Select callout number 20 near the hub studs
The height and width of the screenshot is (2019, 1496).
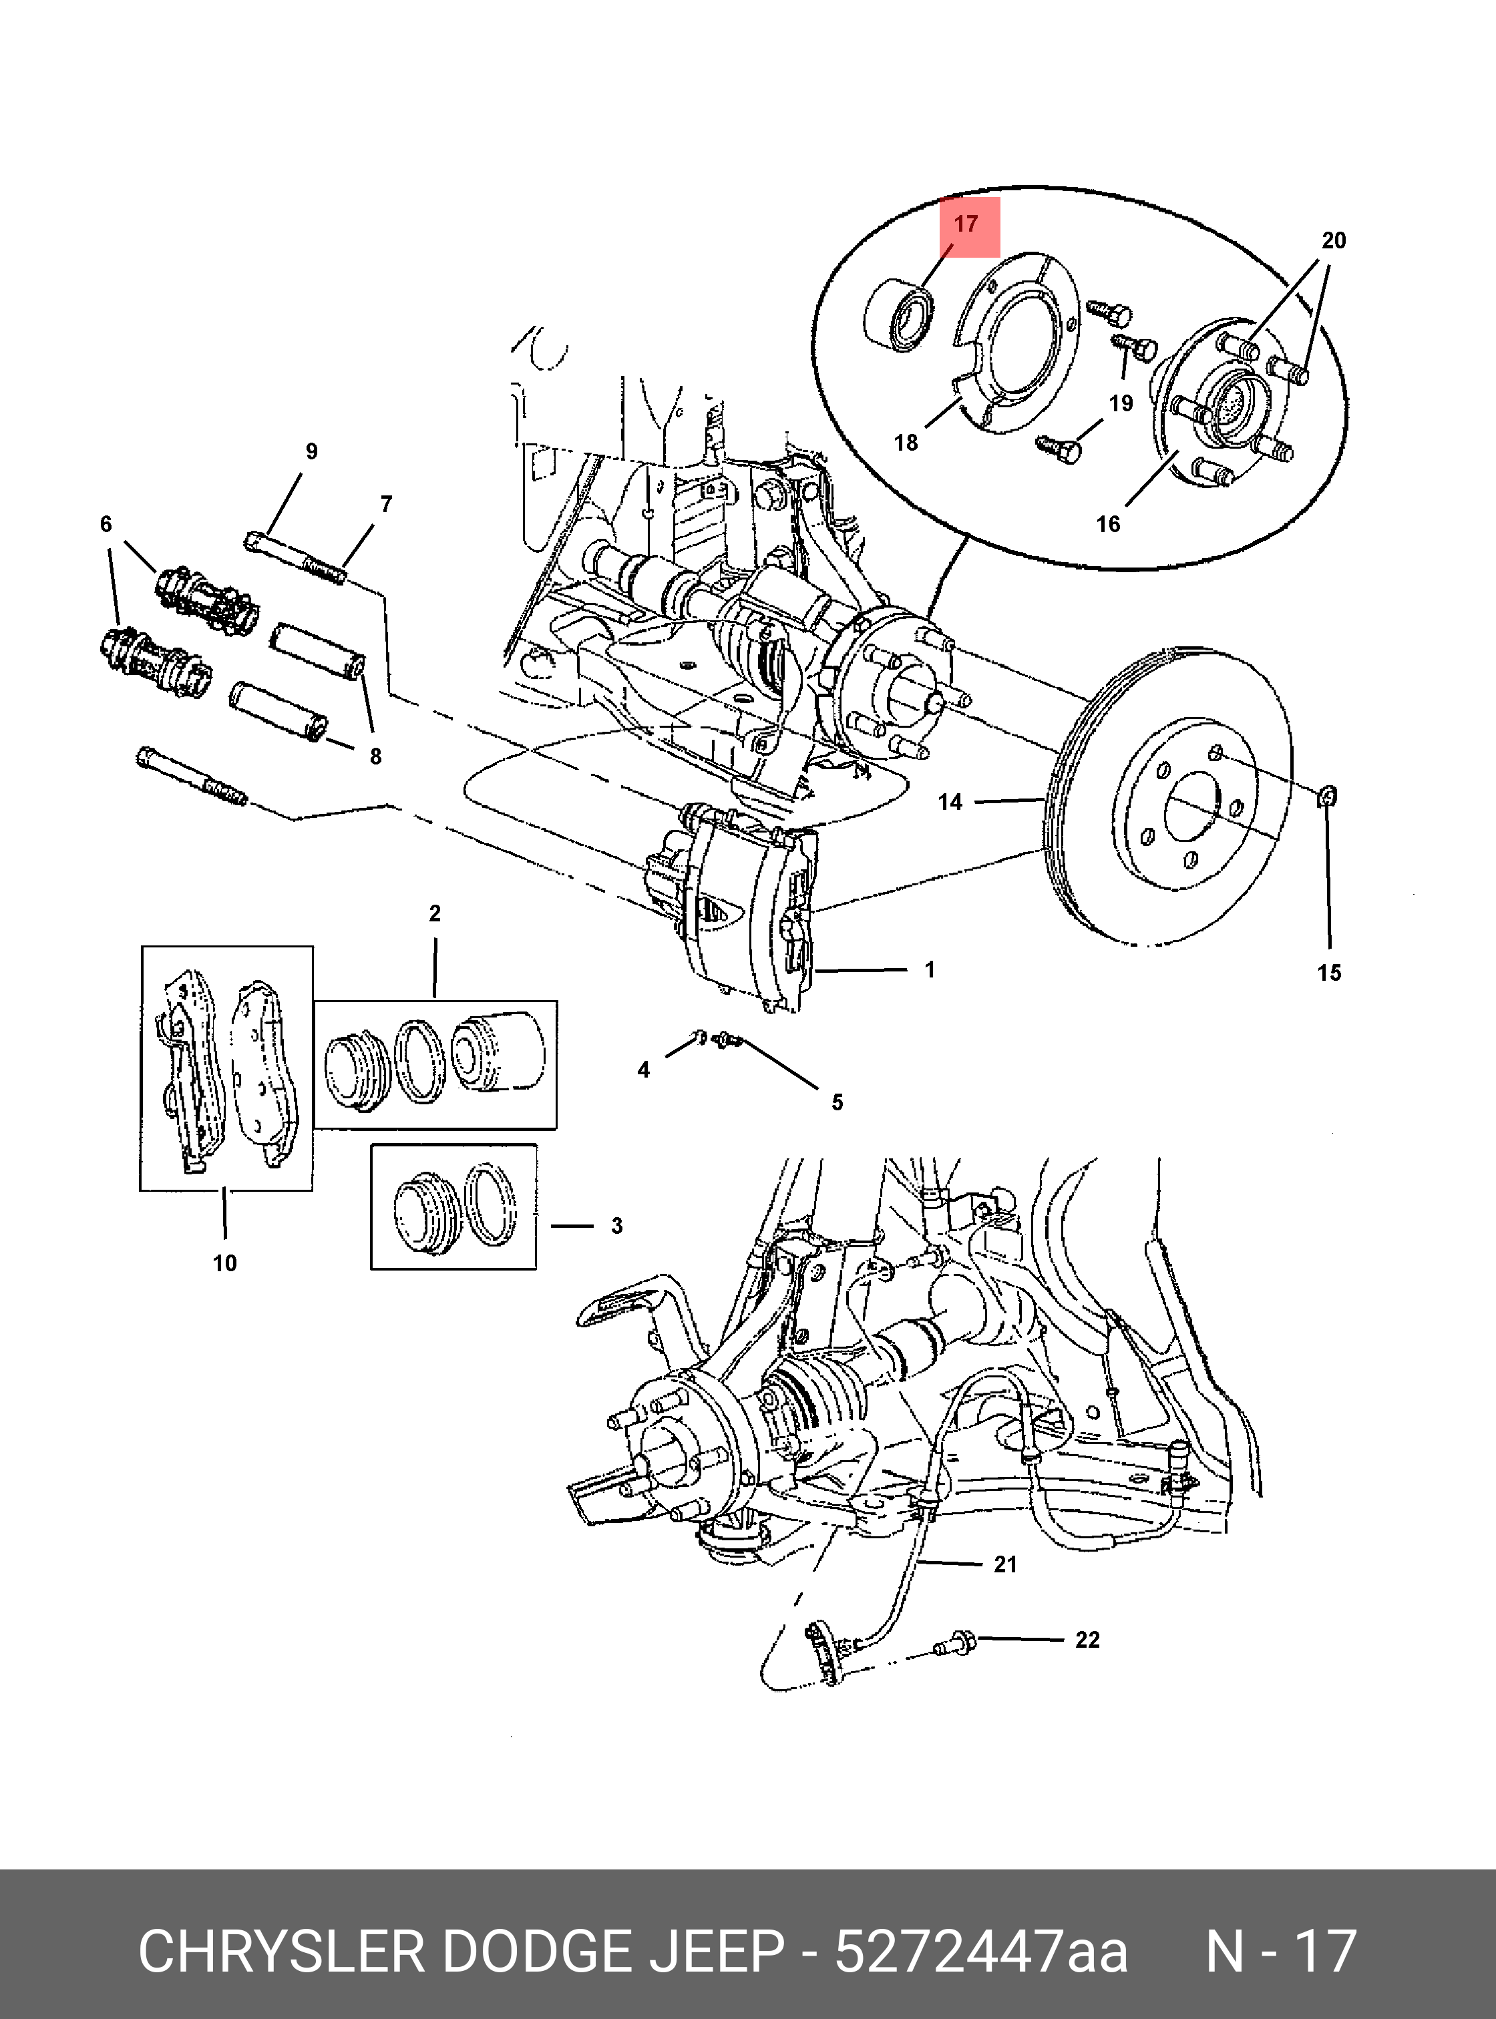(x=1333, y=241)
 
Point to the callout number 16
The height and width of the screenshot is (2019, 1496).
(x=1107, y=523)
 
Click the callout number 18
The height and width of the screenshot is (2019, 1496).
(x=906, y=442)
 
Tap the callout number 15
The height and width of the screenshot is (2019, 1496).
(x=1328, y=973)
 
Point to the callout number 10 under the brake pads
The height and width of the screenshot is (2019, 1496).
(x=224, y=1263)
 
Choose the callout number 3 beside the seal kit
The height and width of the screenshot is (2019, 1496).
(x=616, y=1226)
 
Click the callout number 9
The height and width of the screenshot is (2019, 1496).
(x=311, y=451)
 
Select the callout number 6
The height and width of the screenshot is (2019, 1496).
(x=106, y=523)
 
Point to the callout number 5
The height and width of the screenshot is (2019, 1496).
(x=837, y=1102)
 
